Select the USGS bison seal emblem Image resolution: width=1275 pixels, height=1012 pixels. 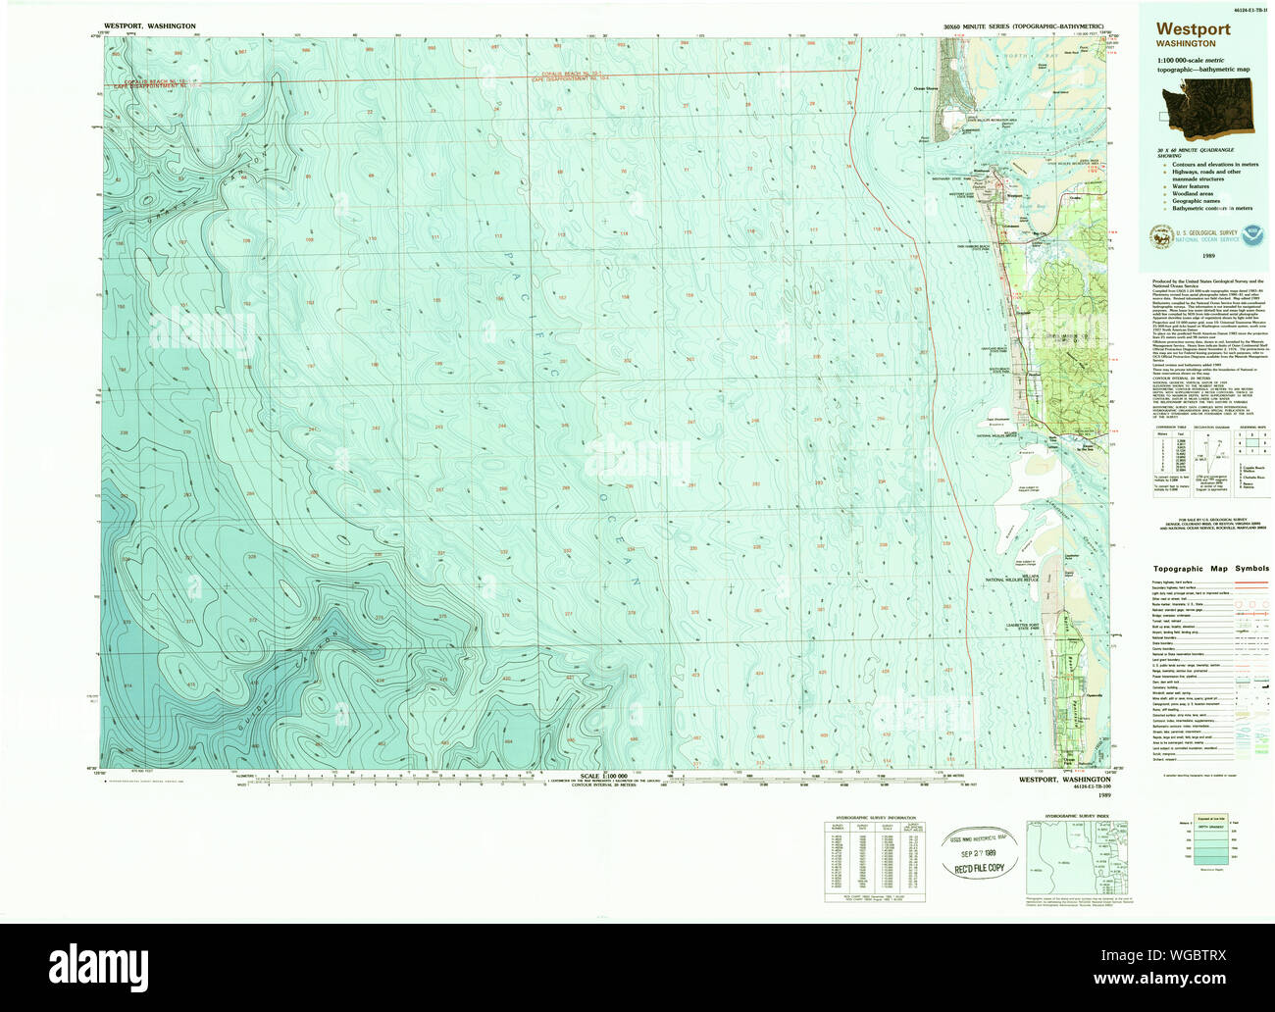point(1161,235)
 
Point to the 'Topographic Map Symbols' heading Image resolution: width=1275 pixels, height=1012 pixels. point(1210,569)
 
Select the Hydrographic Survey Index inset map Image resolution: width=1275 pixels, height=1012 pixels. point(1074,859)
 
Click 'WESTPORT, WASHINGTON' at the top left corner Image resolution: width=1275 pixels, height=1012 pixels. point(149,25)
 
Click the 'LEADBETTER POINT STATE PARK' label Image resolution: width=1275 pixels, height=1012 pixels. point(1016,629)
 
